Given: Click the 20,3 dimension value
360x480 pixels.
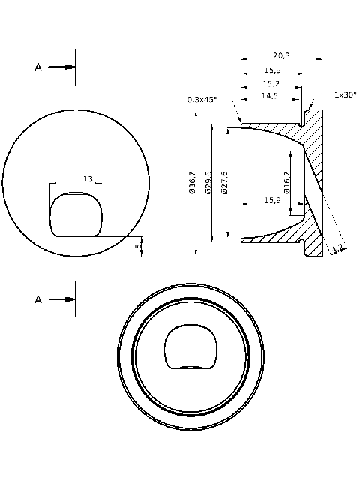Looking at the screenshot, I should pyautogui.click(x=282, y=56).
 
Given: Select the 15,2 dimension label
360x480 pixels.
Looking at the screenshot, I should pyautogui.click(x=271, y=83).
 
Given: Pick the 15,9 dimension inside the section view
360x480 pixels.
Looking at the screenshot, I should pyautogui.click(x=274, y=200).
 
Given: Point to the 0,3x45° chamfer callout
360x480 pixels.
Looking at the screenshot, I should pyautogui.click(x=202, y=99).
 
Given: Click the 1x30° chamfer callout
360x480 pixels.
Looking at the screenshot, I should pyautogui.click(x=345, y=94).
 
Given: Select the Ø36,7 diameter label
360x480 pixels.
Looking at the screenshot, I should pyautogui.click(x=192, y=183).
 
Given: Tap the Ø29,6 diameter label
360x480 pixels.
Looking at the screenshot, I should pyautogui.click(x=208, y=183).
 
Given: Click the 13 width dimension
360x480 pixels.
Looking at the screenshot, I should pyautogui.click(x=88, y=179).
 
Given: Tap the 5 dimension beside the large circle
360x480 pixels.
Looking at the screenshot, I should pyautogui.click(x=137, y=246).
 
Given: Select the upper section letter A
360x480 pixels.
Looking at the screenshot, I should pyautogui.click(x=38, y=67).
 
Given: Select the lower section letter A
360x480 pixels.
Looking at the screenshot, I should pyautogui.click(x=38, y=299).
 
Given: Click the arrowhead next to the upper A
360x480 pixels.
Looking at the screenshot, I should pyautogui.click(x=70, y=67).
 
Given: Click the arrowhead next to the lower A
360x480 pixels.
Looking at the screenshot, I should pyautogui.click(x=70, y=299).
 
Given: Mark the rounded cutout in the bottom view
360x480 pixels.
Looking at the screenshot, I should pyautogui.click(x=191, y=347).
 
